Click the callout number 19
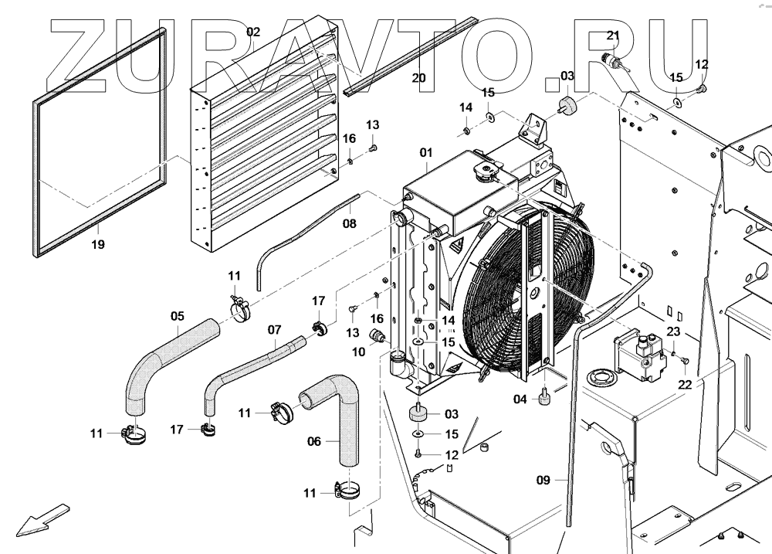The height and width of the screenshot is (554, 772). (x=98, y=244)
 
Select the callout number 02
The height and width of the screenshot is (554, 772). (x=253, y=32)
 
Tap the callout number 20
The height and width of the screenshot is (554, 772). (x=419, y=78)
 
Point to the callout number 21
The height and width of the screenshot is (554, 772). (x=613, y=36)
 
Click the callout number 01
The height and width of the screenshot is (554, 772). (x=426, y=152)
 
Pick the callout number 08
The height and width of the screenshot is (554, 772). (x=350, y=224)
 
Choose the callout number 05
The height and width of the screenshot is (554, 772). (x=178, y=316)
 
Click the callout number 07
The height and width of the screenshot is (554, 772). (x=274, y=330)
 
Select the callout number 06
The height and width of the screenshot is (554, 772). (x=314, y=441)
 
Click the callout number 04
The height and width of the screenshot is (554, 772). (x=520, y=399)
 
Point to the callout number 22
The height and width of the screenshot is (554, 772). (x=685, y=385)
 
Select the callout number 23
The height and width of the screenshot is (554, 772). (x=673, y=331)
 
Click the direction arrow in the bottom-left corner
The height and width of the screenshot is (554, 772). (x=42, y=520)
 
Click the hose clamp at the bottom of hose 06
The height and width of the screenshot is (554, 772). (x=348, y=491)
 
